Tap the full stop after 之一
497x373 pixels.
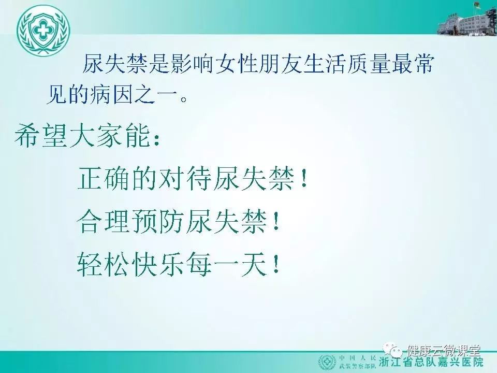coord(183,98)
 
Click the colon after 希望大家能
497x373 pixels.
coord(156,139)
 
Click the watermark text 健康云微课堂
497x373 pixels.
coord(444,350)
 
